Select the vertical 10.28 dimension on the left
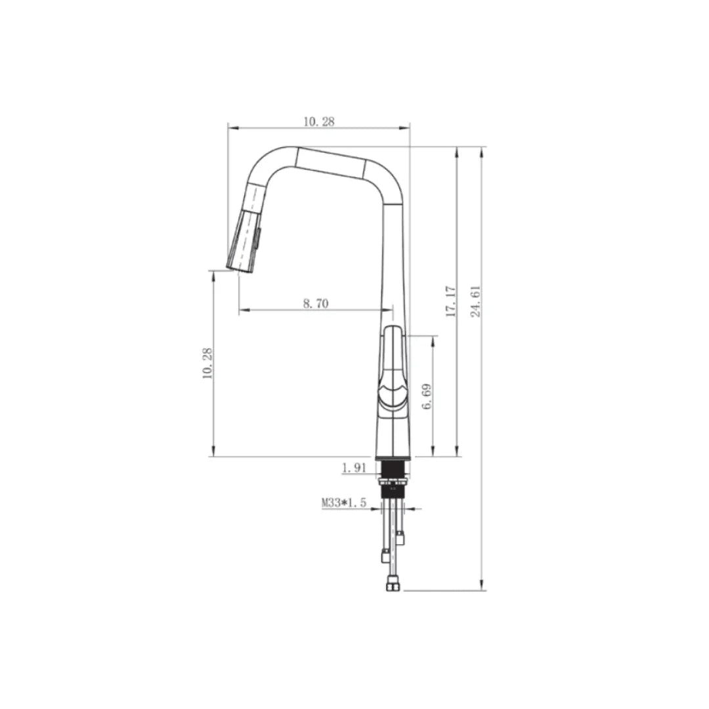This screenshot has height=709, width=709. click(x=208, y=363)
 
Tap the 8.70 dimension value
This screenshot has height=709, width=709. click(x=316, y=303)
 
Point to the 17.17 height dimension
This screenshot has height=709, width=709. click(x=450, y=301)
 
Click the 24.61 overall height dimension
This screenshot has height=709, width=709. click(x=477, y=301)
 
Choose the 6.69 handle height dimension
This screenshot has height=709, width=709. click(x=427, y=397)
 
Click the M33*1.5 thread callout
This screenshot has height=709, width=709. click(x=343, y=504)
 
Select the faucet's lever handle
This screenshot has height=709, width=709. click(x=393, y=368)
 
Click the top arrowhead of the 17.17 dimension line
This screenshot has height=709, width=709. click(x=457, y=152)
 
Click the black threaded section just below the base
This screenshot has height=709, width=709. click(x=393, y=471)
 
